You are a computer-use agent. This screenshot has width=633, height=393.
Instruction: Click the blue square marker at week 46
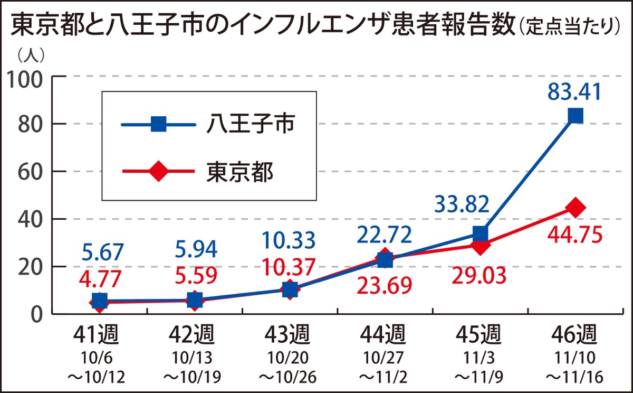pos(575,116)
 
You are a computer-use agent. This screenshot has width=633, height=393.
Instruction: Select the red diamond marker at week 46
pos(575,208)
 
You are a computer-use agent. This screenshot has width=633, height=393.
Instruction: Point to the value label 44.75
pos(575,236)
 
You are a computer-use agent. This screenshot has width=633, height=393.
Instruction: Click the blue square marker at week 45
pos(480,233)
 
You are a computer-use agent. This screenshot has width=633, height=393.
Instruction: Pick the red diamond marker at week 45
pos(480,245)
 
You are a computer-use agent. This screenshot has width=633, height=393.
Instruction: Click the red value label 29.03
pos(479,274)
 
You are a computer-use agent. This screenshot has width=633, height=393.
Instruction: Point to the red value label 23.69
pos(385,286)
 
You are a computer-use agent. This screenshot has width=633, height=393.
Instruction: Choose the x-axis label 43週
pos(289,334)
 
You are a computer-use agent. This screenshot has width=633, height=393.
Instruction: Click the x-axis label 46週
pos(575,334)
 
